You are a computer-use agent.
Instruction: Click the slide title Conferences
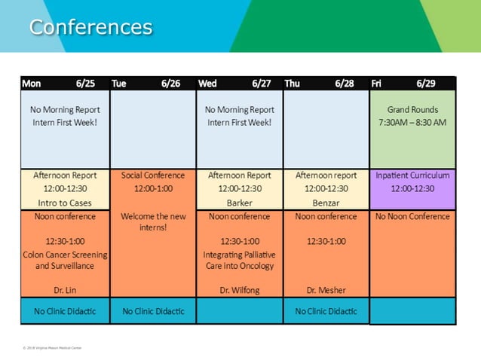click(90, 27)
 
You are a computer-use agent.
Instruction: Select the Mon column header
click(32, 84)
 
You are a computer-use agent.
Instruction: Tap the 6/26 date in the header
click(170, 84)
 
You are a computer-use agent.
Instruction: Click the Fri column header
click(376, 84)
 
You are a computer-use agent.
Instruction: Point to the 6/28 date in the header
click(345, 84)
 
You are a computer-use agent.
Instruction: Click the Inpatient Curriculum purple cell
click(412, 182)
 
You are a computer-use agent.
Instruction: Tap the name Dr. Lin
click(65, 289)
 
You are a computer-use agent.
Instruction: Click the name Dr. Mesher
click(326, 289)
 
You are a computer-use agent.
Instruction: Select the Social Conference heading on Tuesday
click(152, 175)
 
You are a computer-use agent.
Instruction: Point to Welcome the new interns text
click(152, 221)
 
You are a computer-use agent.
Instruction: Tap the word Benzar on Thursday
click(326, 203)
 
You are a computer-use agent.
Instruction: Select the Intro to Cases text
click(65, 203)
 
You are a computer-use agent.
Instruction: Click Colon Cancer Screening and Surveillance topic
click(65, 260)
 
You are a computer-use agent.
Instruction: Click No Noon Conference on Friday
click(412, 217)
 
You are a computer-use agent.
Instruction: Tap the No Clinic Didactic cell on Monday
click(65, 311)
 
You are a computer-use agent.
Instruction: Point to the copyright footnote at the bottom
click(52, 348)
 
